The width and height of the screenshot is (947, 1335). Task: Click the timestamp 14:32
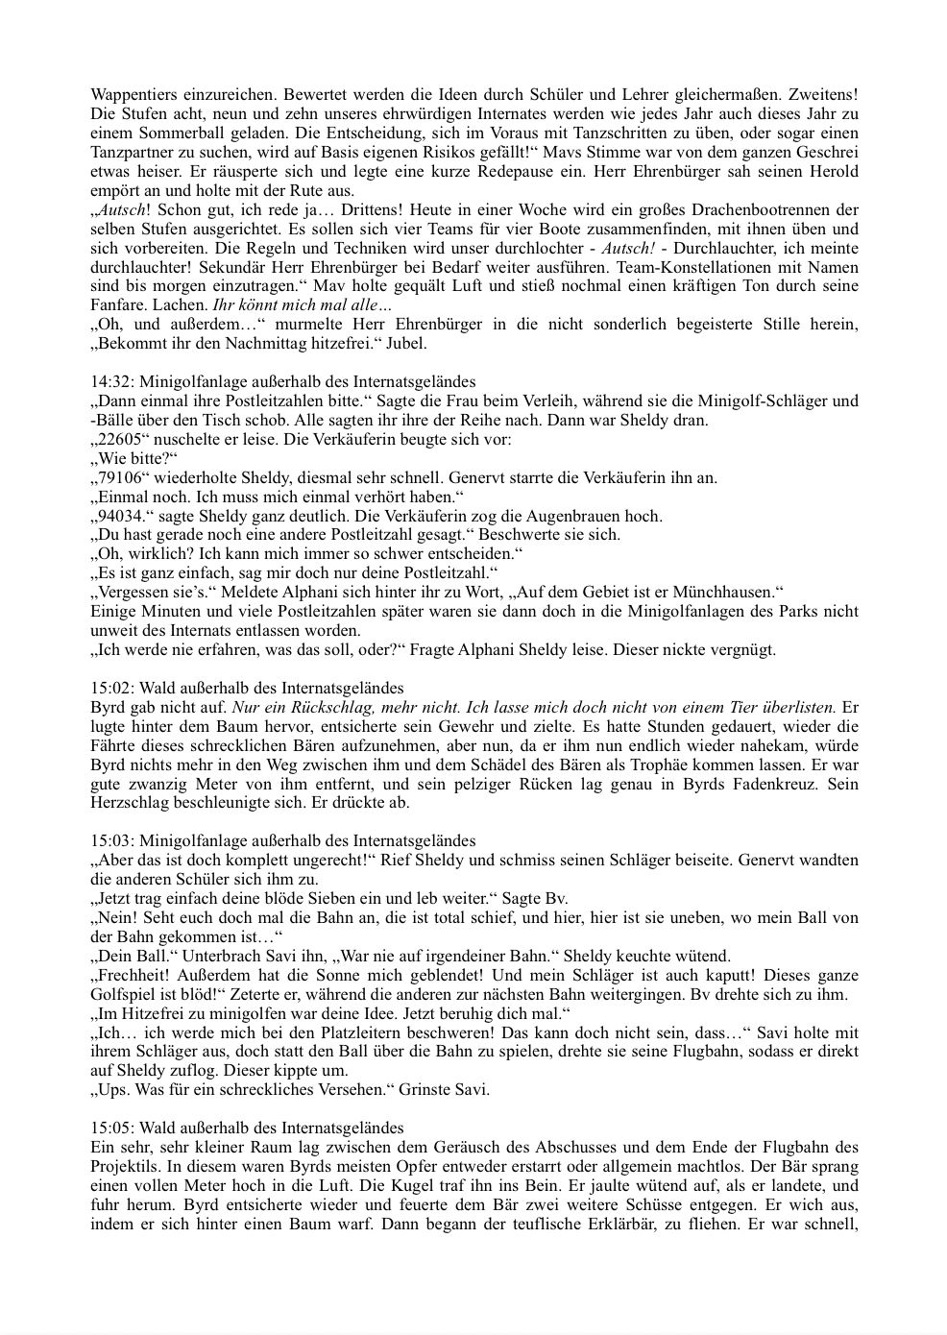coord(109,381)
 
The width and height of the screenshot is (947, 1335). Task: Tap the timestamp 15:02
coord(109,688)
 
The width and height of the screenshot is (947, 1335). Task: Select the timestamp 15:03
coord(109,840)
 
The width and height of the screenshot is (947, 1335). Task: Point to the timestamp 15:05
coord(109,1128)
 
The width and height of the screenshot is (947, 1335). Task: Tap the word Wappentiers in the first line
coord(132,94)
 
